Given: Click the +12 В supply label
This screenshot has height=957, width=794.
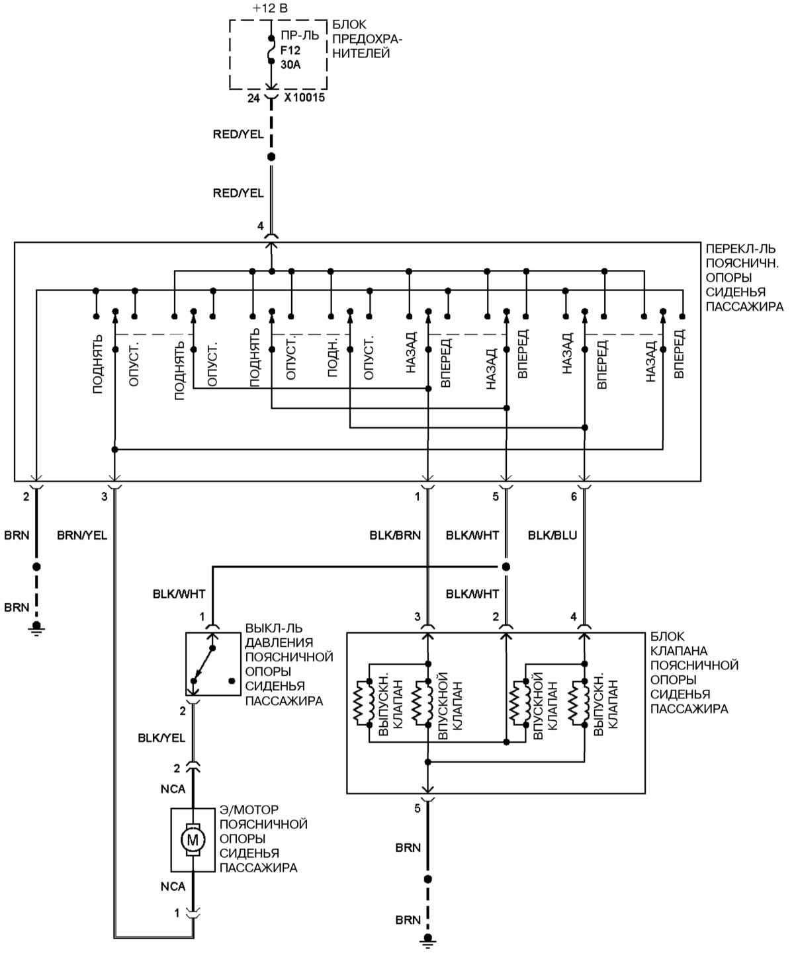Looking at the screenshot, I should point(270,9).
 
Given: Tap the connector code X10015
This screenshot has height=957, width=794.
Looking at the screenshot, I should point(304,98).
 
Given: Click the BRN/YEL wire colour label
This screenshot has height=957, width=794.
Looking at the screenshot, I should point(82,535).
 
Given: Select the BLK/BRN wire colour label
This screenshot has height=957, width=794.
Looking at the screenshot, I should point(395,535).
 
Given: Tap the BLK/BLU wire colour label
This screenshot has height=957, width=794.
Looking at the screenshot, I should point(552,535).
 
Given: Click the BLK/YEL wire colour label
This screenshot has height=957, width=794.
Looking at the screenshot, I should point(161,738).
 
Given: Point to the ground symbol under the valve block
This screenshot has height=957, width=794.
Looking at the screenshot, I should point(427,939).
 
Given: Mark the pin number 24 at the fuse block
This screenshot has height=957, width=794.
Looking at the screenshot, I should point(253,98).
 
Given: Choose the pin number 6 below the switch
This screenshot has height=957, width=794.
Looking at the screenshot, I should point(573,497).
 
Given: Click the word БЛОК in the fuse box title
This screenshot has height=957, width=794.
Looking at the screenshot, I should point(350,24).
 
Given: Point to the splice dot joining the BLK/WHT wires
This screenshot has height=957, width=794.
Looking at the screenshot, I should point(506,567).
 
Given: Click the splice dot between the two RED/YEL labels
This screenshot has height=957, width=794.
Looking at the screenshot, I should point(271,157).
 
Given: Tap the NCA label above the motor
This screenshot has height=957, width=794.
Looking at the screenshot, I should point(173,789).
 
